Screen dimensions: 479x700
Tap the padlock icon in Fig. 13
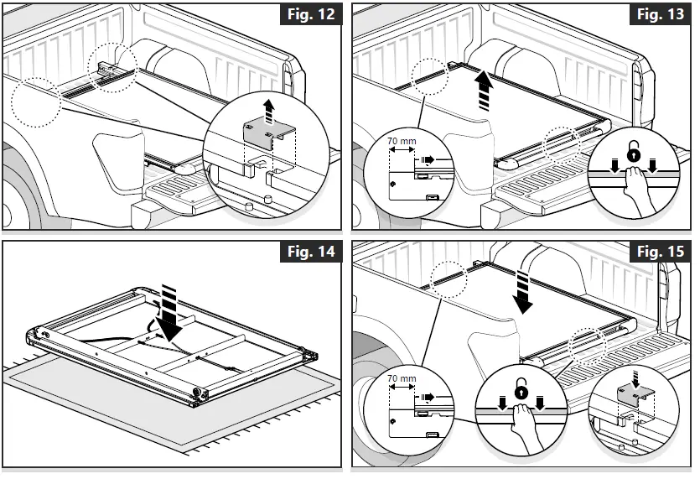[635, 156]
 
